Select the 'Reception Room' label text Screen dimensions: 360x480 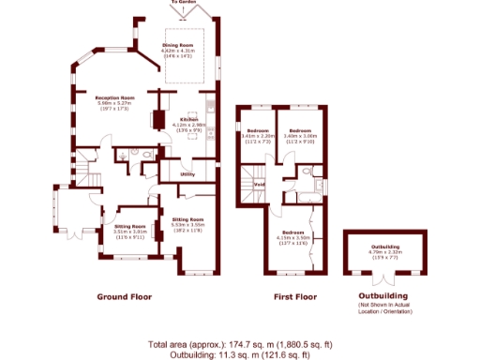coord(114,97)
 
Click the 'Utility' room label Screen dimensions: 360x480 coord(187,174)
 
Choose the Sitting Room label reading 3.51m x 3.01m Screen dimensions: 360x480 coord(130,227)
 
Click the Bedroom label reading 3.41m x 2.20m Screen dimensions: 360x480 coord(258,129)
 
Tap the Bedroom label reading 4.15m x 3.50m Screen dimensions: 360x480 coord(293,232)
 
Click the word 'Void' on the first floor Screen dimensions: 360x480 coord(259,184)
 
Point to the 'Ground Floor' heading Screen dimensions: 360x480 coord(125,297)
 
